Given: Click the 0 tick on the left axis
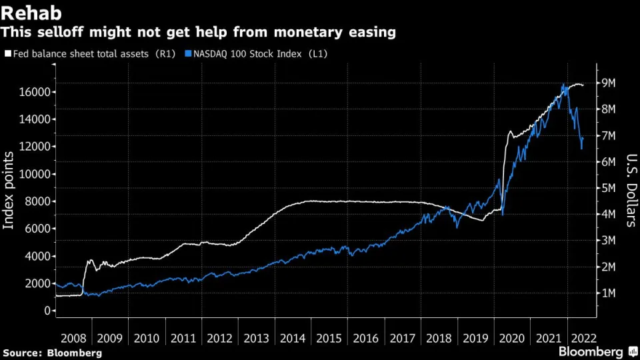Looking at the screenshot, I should coord(48,311).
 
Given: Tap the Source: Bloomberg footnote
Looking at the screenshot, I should coord(53,352).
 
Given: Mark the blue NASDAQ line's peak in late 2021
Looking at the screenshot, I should coord(563,85).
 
